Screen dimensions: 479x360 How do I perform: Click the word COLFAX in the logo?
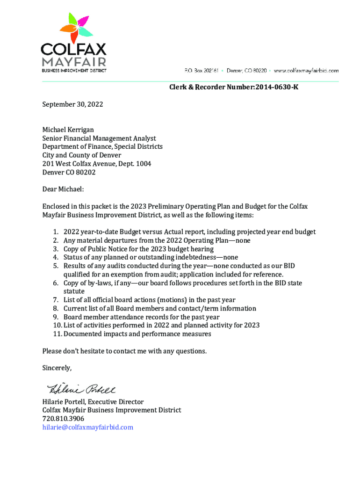[74, 49]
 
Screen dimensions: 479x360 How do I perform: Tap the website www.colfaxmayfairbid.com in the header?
[306, 70]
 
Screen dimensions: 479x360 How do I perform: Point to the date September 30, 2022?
[72, 105]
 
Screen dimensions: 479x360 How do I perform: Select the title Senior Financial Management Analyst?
[99, 138]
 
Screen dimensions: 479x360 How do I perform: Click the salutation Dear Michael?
[63, 189]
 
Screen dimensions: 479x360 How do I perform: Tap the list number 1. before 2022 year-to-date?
[56, 232]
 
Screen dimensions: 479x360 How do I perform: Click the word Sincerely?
[57, 368]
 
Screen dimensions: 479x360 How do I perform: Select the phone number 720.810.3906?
[63, 419]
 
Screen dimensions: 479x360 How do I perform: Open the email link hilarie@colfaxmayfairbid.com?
[88, 428]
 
